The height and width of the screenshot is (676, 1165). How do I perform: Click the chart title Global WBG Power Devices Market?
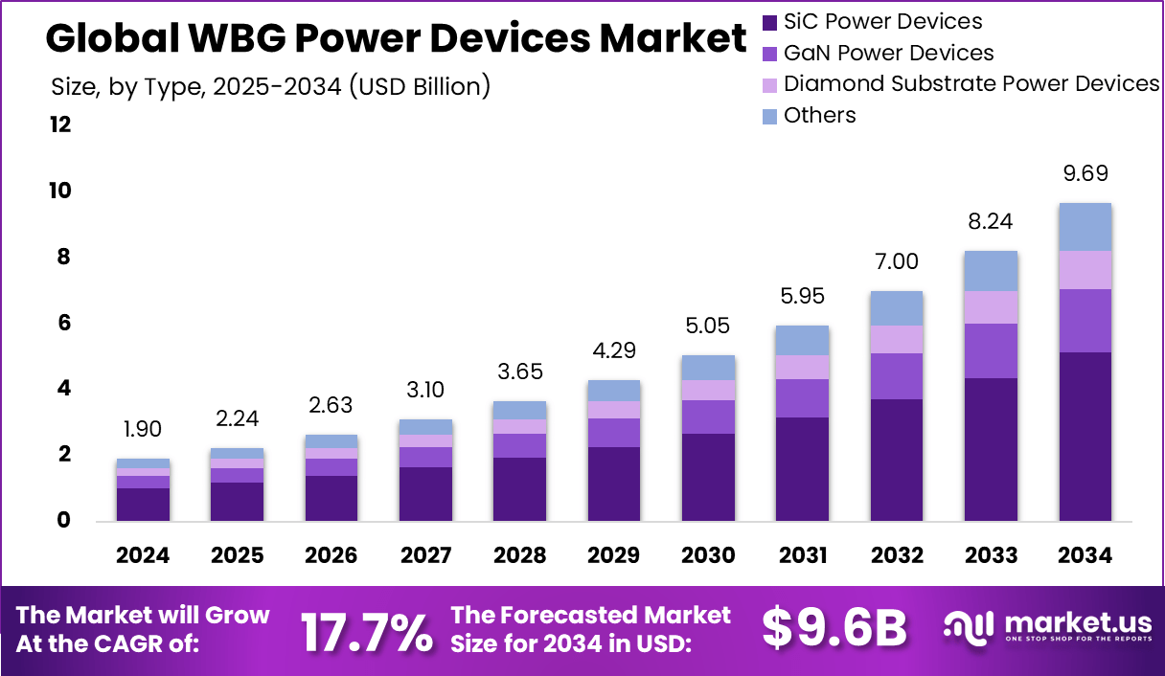395,38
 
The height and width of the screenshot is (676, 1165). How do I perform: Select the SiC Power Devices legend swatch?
770,22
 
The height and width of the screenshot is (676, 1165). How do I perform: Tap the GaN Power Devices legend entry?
888,54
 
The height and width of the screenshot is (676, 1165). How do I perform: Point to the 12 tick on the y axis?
60,124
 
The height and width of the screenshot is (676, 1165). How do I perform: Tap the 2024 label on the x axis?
143,556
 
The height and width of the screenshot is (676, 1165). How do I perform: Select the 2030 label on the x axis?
708,556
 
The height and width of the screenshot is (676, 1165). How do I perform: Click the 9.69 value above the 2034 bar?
1085,174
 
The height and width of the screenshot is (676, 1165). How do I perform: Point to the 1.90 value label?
143,430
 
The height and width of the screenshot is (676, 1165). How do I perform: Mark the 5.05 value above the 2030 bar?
708,327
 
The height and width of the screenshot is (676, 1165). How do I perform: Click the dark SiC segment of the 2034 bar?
1085,437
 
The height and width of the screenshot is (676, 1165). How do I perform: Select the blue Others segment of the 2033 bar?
991,271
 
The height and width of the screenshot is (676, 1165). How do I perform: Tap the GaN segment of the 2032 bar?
897,376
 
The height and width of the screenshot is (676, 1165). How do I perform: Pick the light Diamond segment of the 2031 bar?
802,367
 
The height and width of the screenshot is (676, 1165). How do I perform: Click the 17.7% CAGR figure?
366,631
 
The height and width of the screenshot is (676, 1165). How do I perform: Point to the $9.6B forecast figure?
834,629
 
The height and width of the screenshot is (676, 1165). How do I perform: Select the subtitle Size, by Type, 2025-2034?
270,87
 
